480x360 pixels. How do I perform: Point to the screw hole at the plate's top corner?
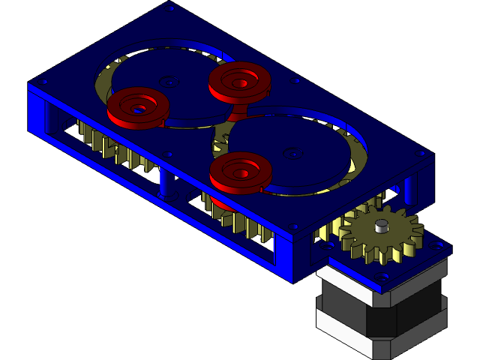coord(172,9)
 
